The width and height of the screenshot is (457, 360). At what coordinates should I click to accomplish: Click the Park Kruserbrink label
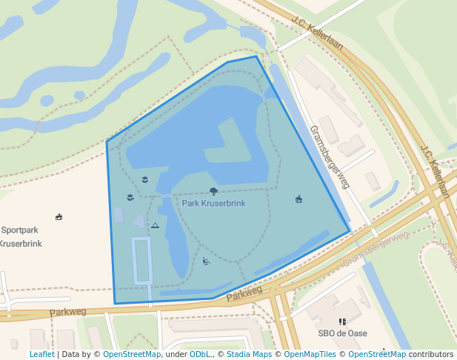(x=213, y=203)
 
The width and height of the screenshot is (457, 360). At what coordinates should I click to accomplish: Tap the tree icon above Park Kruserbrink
(x=213, y=191)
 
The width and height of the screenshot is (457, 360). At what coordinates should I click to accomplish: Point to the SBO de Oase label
(x=342, y=333)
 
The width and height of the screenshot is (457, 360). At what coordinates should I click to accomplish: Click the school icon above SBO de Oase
(x=342, y=321)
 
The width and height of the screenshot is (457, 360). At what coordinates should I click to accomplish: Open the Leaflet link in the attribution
(x=41, y=355)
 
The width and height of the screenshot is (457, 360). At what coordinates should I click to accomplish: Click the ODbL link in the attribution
(x=199, y=355)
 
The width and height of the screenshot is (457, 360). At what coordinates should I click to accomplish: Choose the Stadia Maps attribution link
(x=247, y=355)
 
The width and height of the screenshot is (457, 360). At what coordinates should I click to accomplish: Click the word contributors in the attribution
(x=431, y=355)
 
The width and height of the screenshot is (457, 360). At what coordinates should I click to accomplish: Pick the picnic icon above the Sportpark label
(x=59, y=217)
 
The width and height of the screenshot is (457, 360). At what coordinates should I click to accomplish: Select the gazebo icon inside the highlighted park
(x=298, y=199)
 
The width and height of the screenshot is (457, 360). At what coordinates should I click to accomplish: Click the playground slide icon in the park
(x=206, y=260)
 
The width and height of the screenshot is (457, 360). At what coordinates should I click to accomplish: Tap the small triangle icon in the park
(x=155, y=225)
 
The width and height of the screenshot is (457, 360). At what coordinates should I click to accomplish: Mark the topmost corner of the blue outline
(x=256, y=56)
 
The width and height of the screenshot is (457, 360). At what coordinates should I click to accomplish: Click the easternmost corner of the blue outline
(x=350, y=231)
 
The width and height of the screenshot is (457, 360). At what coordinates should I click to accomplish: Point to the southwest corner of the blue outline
(x=115, y=304)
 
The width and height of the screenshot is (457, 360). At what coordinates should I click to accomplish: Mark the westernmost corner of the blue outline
(x=107, y=141)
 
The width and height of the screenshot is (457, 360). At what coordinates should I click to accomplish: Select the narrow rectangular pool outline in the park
(x=141, y=261)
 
